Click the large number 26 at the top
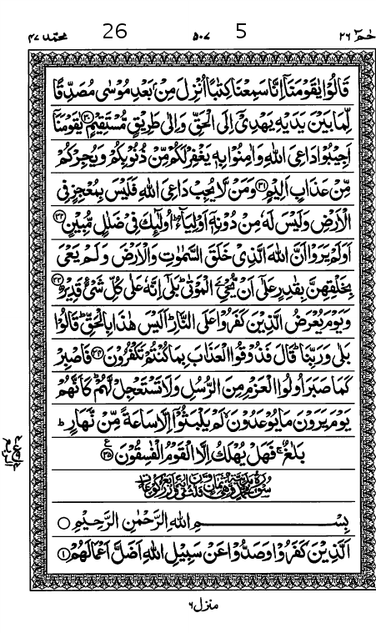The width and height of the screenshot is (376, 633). [x=115, y=33]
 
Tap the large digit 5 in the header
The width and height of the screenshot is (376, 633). [x=242, y=33]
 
